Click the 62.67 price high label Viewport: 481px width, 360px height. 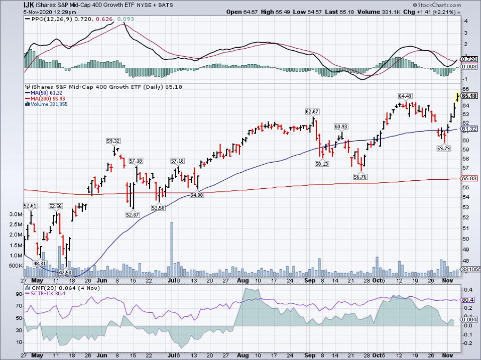tap(313, 111)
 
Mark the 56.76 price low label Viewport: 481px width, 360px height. tap(360, 176)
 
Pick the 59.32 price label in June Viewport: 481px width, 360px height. tap(113, 141)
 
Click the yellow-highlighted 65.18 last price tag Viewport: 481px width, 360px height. tap(469, 95)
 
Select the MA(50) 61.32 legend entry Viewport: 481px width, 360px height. tap(44, 92)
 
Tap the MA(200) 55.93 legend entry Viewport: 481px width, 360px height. tap(46, 98)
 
